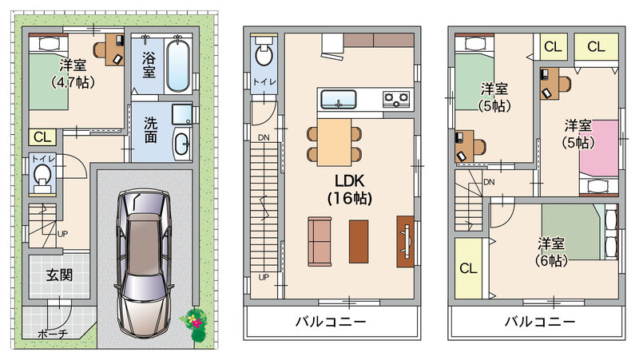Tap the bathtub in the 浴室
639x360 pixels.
(x=178, y=65)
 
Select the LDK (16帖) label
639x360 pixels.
(x=350, y=189)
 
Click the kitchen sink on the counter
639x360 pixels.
(x=338, y=99)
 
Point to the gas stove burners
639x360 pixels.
(x=396, y=99)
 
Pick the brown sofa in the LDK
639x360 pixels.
(x=319, y=241)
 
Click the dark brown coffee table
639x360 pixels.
(x=359, y=242)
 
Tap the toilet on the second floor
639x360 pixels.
(x=264, y=53)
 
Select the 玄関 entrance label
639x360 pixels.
(x=59, y=275)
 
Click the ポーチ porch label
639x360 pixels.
(x=53, y=334)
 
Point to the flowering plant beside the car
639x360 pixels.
(x=196, y=322)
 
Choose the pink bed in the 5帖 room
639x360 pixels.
(x=598, y=148)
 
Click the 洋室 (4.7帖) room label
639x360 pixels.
(x=73, y=73)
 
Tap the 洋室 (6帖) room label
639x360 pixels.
(x=551, y=252)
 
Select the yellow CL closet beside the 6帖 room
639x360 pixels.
(x=468, y=268)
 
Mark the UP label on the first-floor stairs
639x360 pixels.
(x=62, y=234)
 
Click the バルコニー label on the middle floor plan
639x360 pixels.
(x=331, y=322)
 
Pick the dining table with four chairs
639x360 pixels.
(x=334, y=142)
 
